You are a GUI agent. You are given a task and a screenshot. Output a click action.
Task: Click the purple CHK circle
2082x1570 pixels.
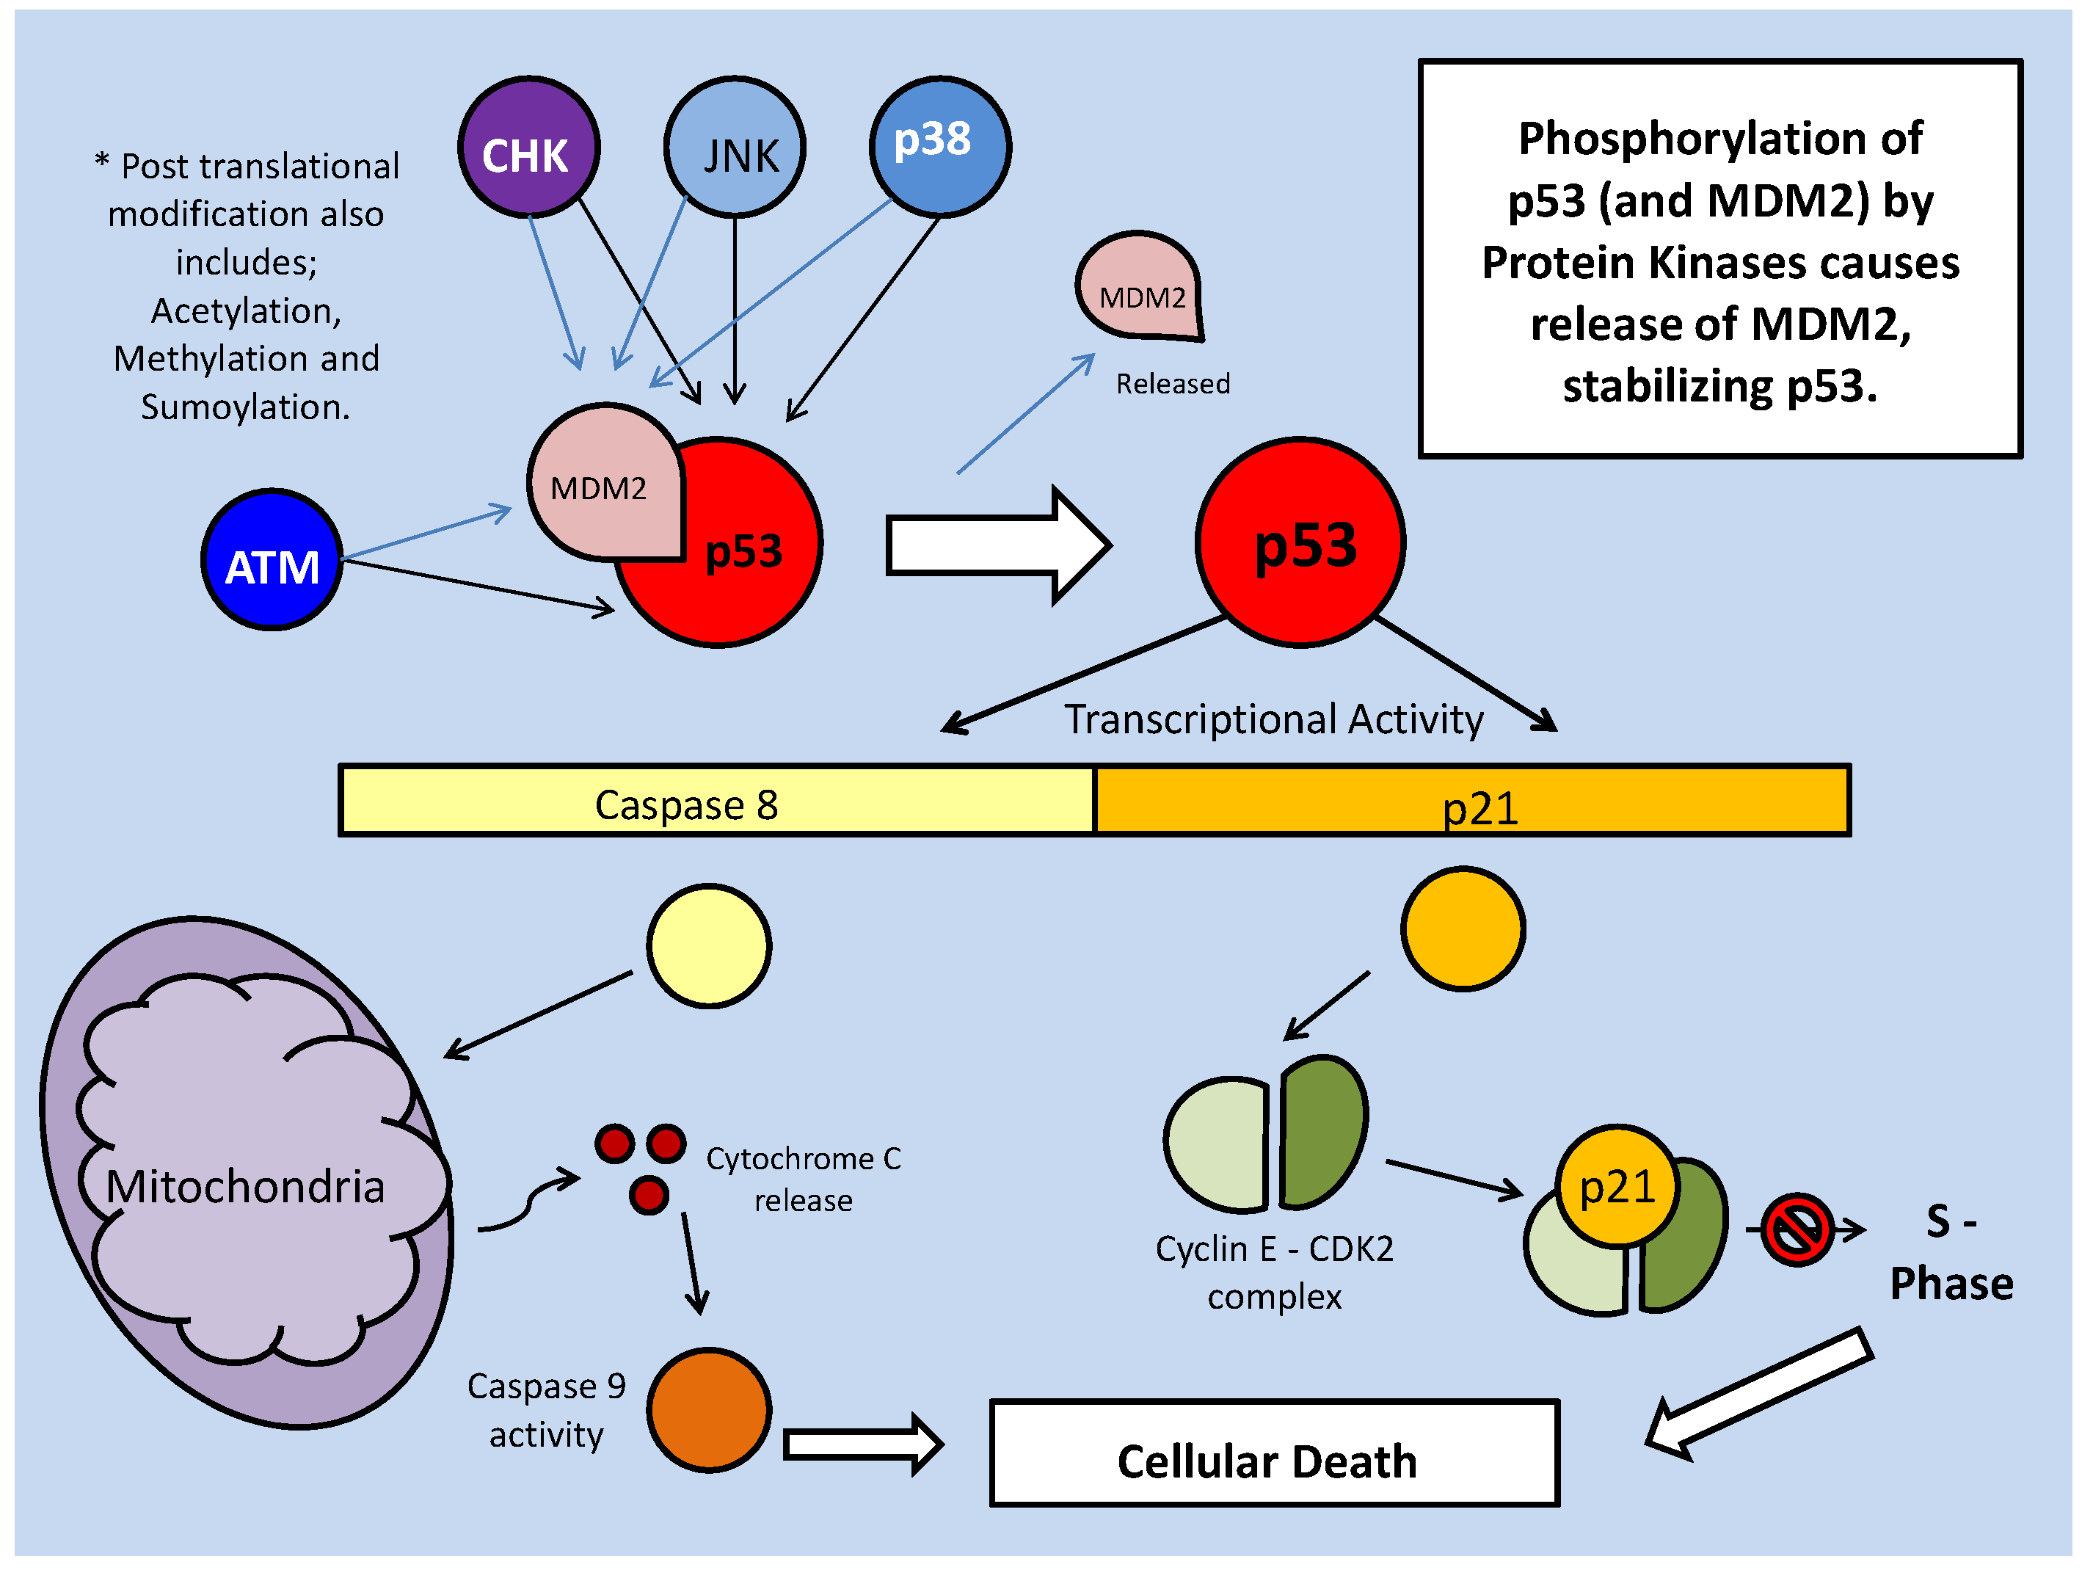point(528,147)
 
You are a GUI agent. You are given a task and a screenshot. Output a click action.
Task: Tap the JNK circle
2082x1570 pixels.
point(735,147)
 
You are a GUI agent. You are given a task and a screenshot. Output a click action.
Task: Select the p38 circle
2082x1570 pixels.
point(939,147)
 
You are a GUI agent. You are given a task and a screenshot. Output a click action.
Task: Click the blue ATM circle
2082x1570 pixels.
point(272,560)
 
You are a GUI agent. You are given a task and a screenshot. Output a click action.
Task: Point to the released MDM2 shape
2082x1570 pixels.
point(1139,287)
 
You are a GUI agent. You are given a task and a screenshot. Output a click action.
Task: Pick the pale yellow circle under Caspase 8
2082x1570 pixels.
point(710,946)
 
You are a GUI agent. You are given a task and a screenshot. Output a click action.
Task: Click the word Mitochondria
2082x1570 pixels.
point(246,1186)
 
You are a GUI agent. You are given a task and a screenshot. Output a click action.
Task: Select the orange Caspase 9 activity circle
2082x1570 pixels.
point(709,1410)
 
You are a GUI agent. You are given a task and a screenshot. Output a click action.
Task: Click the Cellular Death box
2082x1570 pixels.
point(1275,1453)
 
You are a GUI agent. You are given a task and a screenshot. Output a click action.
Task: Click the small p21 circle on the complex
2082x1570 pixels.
point(1616,1186)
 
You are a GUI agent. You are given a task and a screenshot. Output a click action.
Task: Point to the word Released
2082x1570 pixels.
point(1173,384)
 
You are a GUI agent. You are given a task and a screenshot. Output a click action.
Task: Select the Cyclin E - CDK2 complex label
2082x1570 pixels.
point(1275,1271)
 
